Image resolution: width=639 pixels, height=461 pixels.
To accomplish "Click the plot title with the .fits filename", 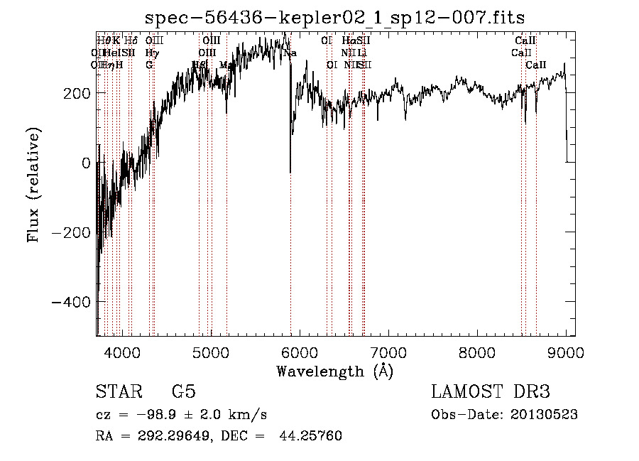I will [334, 17].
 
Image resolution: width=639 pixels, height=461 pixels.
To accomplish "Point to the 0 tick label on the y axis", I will [86, 163].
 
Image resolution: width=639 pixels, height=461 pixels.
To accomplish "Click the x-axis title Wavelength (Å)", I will [334, 371].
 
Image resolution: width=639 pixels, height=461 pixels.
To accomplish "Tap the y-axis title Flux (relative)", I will [33, 184].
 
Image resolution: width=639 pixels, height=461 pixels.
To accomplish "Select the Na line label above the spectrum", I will [290, 53].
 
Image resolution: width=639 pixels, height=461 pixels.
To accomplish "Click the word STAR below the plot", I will [118, 392].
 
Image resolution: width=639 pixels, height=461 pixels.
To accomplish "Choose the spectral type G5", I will [183, 392].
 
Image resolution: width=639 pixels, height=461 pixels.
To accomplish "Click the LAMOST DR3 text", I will [491, 392].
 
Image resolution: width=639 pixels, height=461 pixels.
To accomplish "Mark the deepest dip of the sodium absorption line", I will [290, 173].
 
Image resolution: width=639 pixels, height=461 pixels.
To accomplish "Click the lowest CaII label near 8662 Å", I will [536, 65].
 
